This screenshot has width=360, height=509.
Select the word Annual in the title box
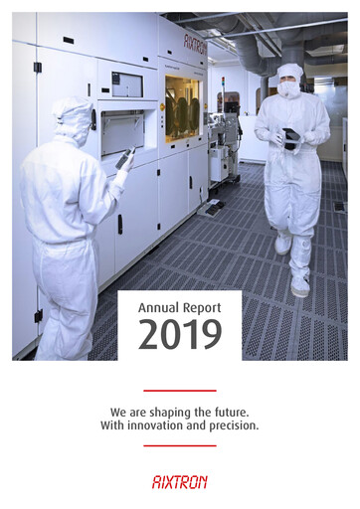(x=157, y=308)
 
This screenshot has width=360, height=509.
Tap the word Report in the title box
(x=203, y=309)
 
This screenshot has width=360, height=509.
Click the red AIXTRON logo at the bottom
(x=179, y=481)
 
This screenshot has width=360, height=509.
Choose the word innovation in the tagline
(x=168, y=425)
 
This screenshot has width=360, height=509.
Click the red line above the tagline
(x=179, y=391)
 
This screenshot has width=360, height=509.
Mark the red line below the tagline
(x=179, y=445)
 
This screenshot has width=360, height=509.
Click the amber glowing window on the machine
(x=181, y=106)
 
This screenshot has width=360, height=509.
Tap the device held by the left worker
(x=125, y=156)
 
